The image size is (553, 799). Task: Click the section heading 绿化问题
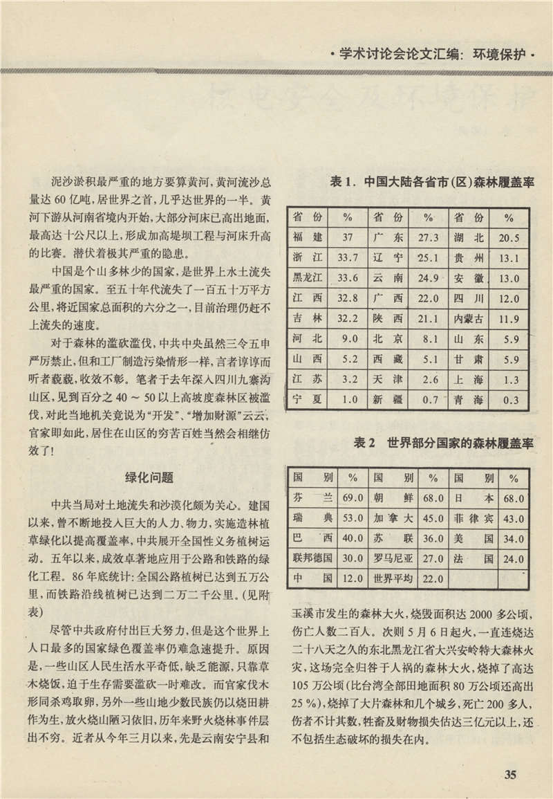click(148, 477)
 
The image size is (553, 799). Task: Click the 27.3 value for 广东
click(429, 238)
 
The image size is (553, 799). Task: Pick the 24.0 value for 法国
click(514, 558)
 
